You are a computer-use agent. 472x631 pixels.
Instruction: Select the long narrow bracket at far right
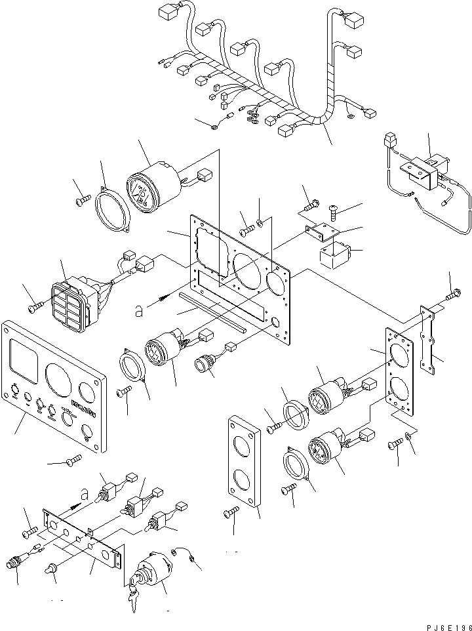coord(429,341)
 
